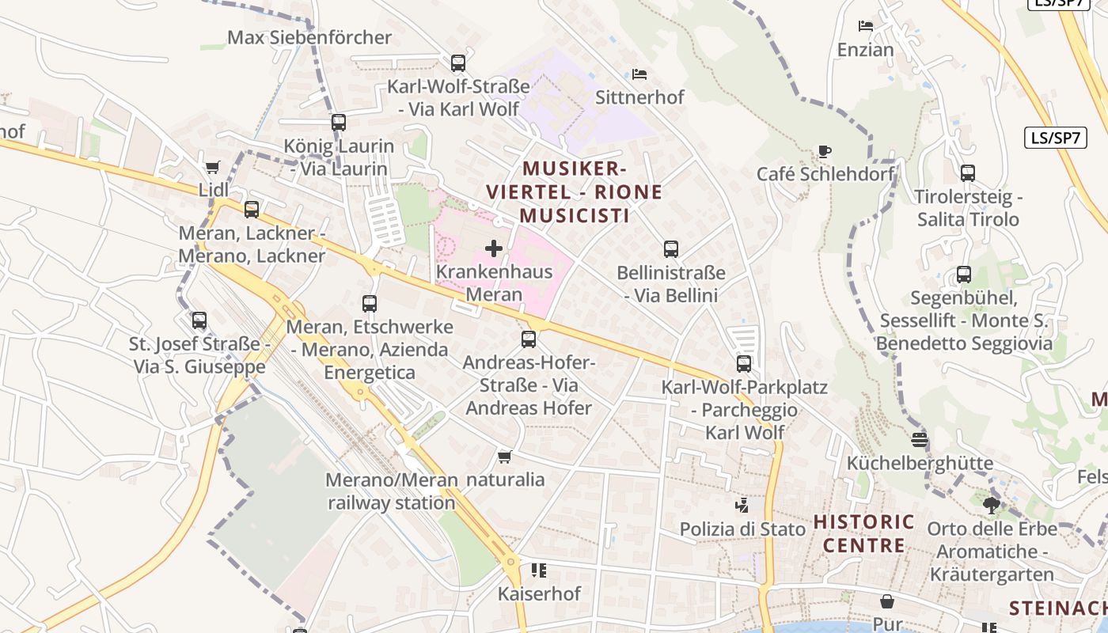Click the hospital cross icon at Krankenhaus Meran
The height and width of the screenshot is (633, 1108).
coord(494,248)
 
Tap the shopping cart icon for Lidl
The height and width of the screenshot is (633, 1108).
coord(212,167)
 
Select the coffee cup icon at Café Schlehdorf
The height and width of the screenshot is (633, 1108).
coord(825,151)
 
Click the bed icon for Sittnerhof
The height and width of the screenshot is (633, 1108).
coord(639,74)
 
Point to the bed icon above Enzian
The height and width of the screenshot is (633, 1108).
coord(866,26)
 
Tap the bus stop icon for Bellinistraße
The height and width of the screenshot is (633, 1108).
coord(671,249)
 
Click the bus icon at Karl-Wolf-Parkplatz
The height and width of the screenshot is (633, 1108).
coord(744,364)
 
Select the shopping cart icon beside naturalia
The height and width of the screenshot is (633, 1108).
coord(504,457)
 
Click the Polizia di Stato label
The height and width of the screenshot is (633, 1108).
coord(742,529)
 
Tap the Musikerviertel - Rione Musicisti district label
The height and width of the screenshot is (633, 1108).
coord(574,192)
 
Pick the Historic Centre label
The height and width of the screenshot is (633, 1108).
coord(864,533)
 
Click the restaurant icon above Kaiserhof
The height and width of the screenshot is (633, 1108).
coord(539,570)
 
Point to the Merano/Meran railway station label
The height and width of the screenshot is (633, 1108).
coord(392,491)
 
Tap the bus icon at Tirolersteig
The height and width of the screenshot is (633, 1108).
coord(967,173)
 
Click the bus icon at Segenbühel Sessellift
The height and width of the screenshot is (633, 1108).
coord(964,275)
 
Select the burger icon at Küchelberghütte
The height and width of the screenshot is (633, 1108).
coord(920,439)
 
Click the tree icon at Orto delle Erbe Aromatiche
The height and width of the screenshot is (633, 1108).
coord(991,504)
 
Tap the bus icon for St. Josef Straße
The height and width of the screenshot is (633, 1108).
coord(199,320)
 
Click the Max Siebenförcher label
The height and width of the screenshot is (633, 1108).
coord(309,37)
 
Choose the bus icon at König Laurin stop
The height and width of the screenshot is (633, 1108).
coord(339,123)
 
